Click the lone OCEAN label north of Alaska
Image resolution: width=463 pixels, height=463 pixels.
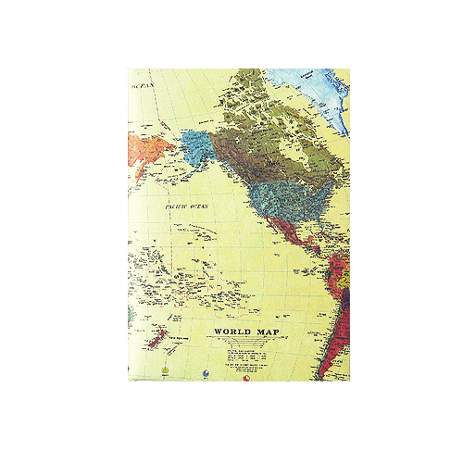click(x=141, y=85)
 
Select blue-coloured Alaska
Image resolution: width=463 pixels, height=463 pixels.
click(x=196, y=148)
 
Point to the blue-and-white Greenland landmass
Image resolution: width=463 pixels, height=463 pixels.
click(x=334, y=96)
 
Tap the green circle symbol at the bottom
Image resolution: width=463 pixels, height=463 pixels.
click(x=164, y=374)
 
